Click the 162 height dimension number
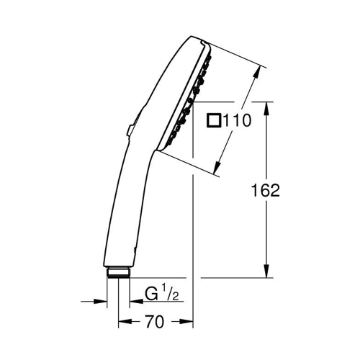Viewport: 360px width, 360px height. point(266,190)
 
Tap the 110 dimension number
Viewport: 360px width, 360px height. point(237,121)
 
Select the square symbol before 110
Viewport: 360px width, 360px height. point(214,121)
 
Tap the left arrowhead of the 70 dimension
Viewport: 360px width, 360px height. point(124,321)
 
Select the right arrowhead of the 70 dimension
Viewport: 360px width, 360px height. point(189,321)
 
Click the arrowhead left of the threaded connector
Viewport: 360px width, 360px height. point(101,302)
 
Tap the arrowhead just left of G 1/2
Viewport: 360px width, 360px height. point(132,302)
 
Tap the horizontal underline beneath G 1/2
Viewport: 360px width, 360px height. point(158,302)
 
